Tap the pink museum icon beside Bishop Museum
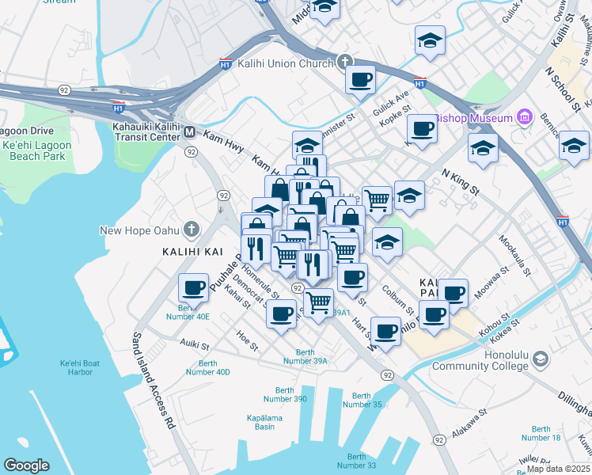click(x=523, y=118)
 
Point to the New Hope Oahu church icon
click(x=191, y=230)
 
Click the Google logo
click(x=26, y=465)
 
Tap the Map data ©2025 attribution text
click(x=558, y=468)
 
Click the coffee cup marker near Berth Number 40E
click(x=194, y=287)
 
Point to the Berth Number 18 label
click(x=541, y=433)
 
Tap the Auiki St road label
click(x=194, y=345)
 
